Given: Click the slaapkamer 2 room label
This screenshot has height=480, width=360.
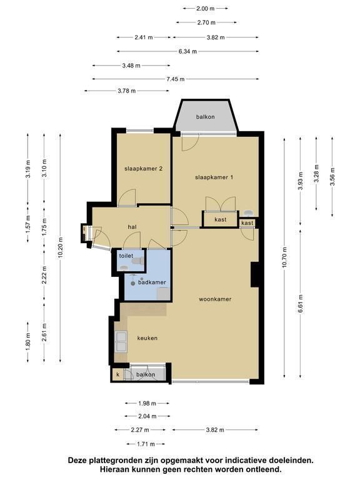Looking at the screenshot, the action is point(143,169).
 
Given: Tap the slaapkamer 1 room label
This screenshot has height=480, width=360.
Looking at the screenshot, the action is point(214,177).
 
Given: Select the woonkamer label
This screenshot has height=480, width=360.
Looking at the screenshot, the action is point(215,299).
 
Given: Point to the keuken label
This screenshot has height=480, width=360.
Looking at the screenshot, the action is point(147,338).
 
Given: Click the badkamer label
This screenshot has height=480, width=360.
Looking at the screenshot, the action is point(152,282).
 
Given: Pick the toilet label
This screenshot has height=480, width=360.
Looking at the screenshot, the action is point(126,256).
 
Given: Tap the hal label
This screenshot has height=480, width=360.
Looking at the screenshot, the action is point(132,227).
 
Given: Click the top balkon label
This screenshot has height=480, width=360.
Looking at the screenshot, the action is point(206,117).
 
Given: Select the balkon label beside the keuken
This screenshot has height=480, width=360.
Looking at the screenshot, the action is point(146,374).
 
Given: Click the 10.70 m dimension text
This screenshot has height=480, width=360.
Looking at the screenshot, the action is point(284,257).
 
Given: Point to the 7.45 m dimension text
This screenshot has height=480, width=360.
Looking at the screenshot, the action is point(176,79).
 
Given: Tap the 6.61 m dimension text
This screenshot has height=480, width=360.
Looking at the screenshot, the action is point(300,304).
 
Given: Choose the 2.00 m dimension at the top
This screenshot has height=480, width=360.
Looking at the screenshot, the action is point(206,9).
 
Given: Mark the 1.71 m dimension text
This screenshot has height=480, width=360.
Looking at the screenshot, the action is point(146,444).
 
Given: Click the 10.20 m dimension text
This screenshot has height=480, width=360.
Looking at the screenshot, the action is point(60,247).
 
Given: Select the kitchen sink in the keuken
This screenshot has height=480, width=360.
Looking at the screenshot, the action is point(121,342).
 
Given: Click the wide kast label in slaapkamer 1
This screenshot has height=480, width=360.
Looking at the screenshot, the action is point(221,219).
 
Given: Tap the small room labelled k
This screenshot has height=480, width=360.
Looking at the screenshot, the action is point(118,374).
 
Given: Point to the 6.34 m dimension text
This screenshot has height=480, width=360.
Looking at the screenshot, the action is point(187,51).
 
